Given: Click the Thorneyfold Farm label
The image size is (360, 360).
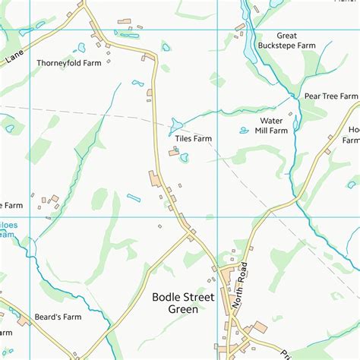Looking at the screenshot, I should tap(68, 64).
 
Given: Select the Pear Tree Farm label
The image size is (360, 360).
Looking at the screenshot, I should tap(330, 96).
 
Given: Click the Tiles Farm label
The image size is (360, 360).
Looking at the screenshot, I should tap(191, 139).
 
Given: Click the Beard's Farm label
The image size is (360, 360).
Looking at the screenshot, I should tap(57, 317).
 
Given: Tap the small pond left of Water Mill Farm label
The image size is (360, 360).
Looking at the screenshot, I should tap(244, 131).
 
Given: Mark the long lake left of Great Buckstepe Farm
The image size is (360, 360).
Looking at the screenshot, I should tap(248, 42).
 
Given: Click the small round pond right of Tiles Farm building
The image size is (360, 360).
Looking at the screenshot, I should tap(185, 158).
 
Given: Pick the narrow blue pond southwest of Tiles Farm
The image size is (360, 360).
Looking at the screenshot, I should tap(134, 198).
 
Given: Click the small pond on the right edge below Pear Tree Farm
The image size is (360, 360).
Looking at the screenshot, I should tap(352, 184).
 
